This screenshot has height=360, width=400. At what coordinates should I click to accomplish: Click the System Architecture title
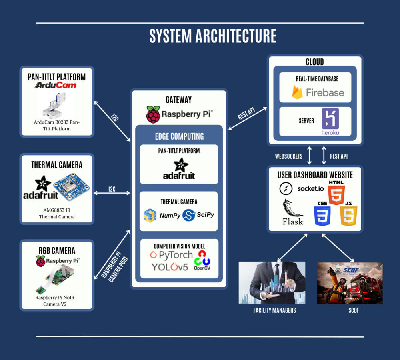tap(212, 36)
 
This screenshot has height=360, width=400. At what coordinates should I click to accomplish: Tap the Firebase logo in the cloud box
tap(318, 92)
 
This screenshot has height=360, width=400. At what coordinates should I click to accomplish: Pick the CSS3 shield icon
tap(322, 214)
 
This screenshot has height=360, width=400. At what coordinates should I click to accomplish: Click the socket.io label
tap(310, 188)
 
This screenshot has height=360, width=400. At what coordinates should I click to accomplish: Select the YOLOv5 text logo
tap(170, 267)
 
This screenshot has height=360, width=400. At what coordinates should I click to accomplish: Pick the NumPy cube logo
tap(150, 215)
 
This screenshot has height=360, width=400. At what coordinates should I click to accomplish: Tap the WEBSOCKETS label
tap(288, 156)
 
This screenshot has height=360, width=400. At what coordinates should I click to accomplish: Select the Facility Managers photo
tap(272, 283)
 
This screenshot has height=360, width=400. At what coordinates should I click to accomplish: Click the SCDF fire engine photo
tap(350, 283)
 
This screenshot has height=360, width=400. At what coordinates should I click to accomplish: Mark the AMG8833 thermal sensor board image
tap(71, 187)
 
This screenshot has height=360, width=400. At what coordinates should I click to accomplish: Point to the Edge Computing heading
tap(179, 136)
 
